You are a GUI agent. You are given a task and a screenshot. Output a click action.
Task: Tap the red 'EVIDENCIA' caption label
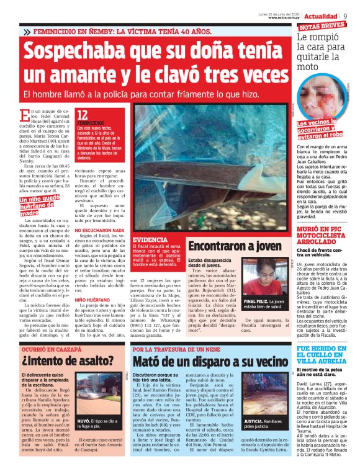pos(150,239)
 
